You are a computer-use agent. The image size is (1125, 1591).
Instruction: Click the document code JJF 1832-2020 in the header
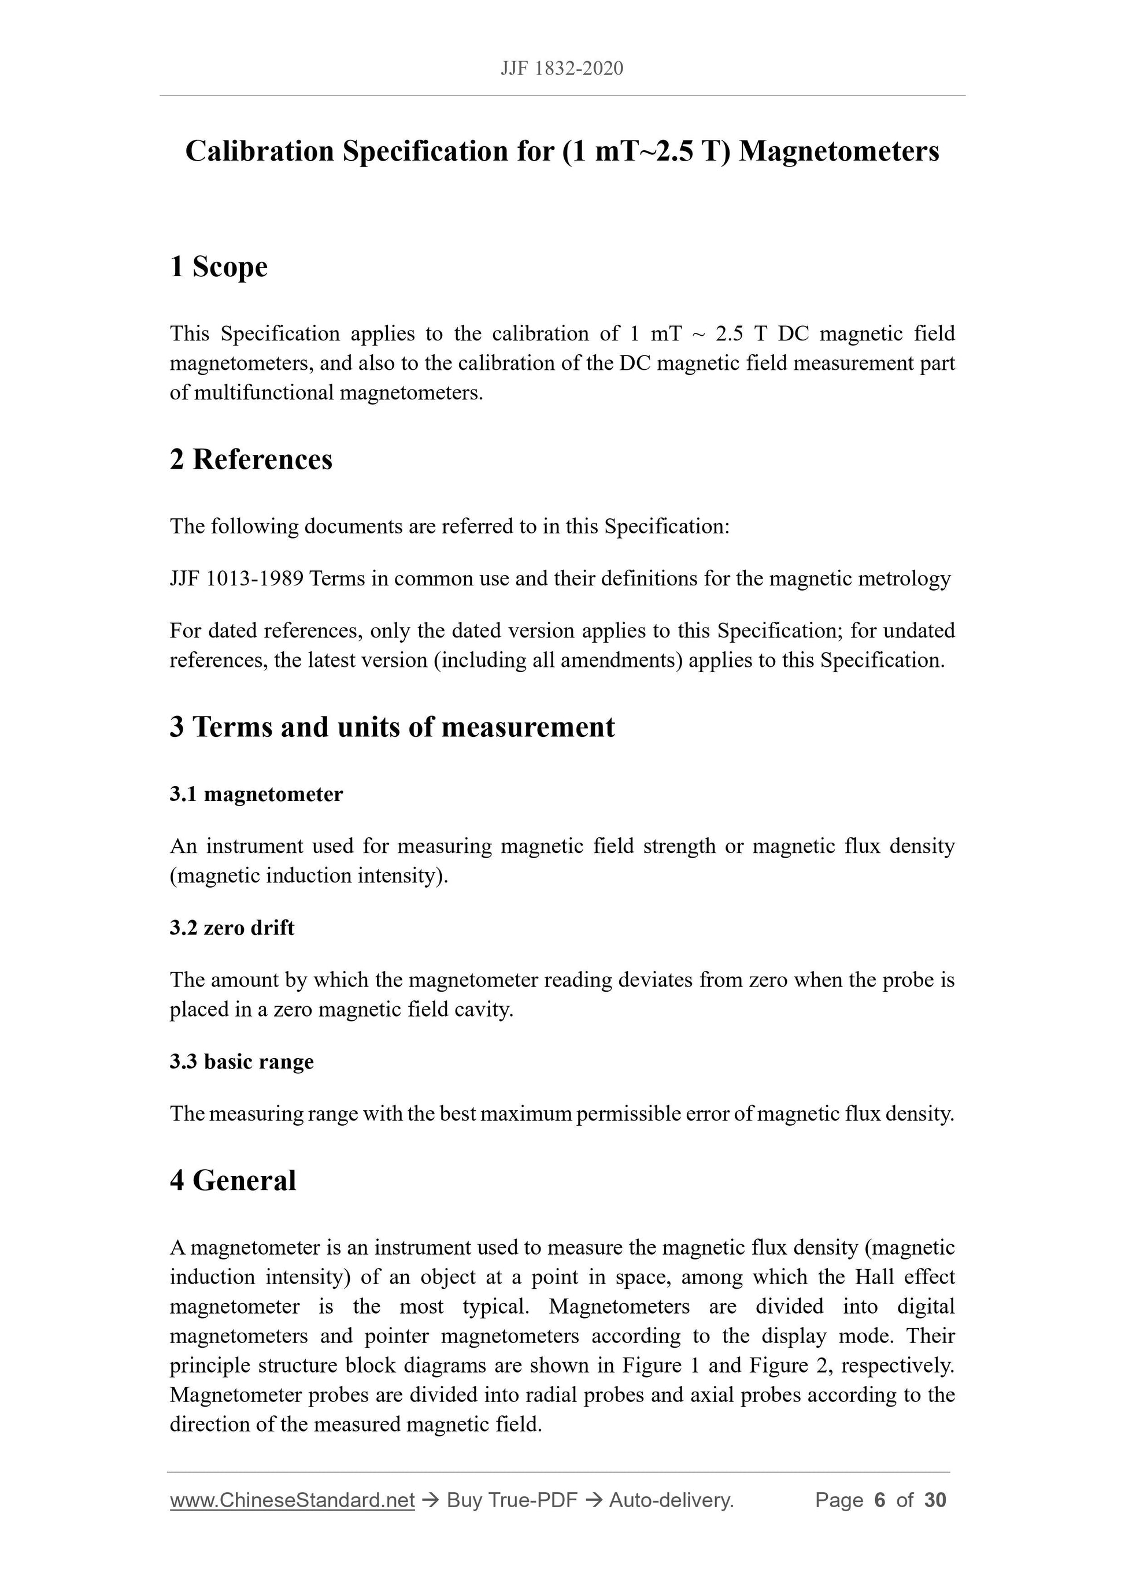[x=561, y=68]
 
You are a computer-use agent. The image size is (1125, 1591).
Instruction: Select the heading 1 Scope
[x=219, y=267]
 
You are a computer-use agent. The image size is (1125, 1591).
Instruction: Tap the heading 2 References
[x=251, y=459]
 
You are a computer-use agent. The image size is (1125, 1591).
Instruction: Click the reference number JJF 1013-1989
[x=236, y=578]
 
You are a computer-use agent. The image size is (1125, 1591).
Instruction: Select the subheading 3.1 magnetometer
[x=256, y=794]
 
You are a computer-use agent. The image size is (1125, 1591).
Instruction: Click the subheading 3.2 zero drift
[x=231, y=928]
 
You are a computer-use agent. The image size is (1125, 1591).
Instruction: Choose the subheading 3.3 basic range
[x=241, y=1062]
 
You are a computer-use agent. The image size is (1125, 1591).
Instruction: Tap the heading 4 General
[x=233, y=1180]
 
